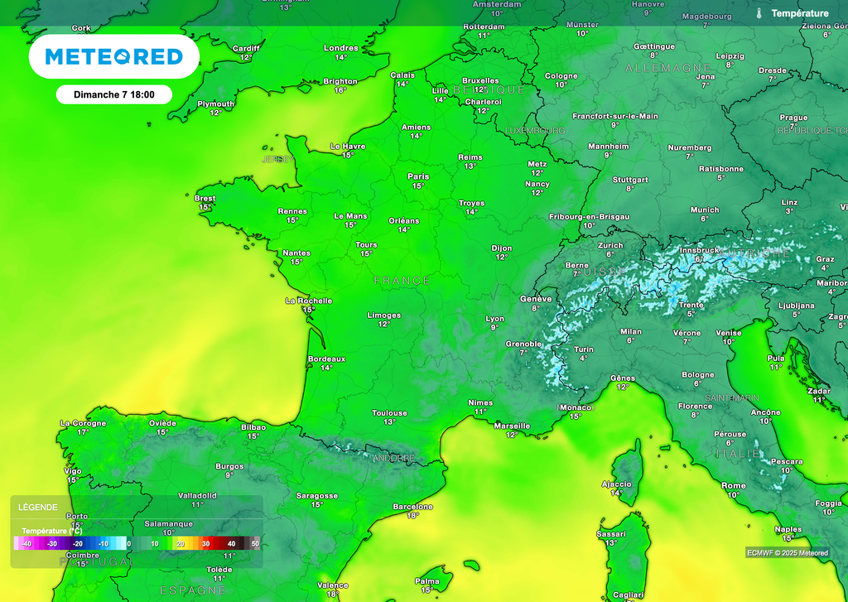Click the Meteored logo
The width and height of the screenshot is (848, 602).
coord(113,56)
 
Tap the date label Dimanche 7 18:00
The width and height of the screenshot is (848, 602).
coord(114,94)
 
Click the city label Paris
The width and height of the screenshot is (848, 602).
coord(418,176)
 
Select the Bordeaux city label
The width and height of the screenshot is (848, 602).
coord(326,359)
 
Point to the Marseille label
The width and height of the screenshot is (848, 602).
coord(512,426)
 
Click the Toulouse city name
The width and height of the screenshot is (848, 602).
coord(389,412)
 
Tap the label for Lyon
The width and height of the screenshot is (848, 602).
coord(494,318)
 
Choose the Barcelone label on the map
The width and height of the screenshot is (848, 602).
coord(412,506)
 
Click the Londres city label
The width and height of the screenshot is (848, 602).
coord(340,48)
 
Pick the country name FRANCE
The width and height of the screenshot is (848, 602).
coord(402,281)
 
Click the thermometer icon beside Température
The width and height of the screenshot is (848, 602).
coord(759,13)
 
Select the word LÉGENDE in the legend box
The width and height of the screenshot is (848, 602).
coord(38,507)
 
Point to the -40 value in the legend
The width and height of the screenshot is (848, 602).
coord(26,543)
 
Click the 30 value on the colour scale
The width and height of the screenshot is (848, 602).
coord(205,543)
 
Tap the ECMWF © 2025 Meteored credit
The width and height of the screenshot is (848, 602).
coord(787,553)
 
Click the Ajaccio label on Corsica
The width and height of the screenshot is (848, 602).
coord(616,484)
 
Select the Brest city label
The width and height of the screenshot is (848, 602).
coord(205,198)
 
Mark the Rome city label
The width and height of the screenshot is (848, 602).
coord(733,485)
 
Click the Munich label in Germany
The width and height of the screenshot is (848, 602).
coord(705,209)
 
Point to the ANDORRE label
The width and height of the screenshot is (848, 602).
coord(393,458)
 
